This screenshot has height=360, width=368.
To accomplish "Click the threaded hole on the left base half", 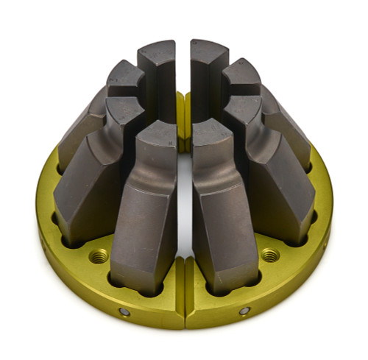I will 98,256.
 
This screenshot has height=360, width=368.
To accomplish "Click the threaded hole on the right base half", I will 270,255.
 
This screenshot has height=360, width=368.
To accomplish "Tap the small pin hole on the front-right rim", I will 244,311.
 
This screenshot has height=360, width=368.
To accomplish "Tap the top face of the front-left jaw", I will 156,133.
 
